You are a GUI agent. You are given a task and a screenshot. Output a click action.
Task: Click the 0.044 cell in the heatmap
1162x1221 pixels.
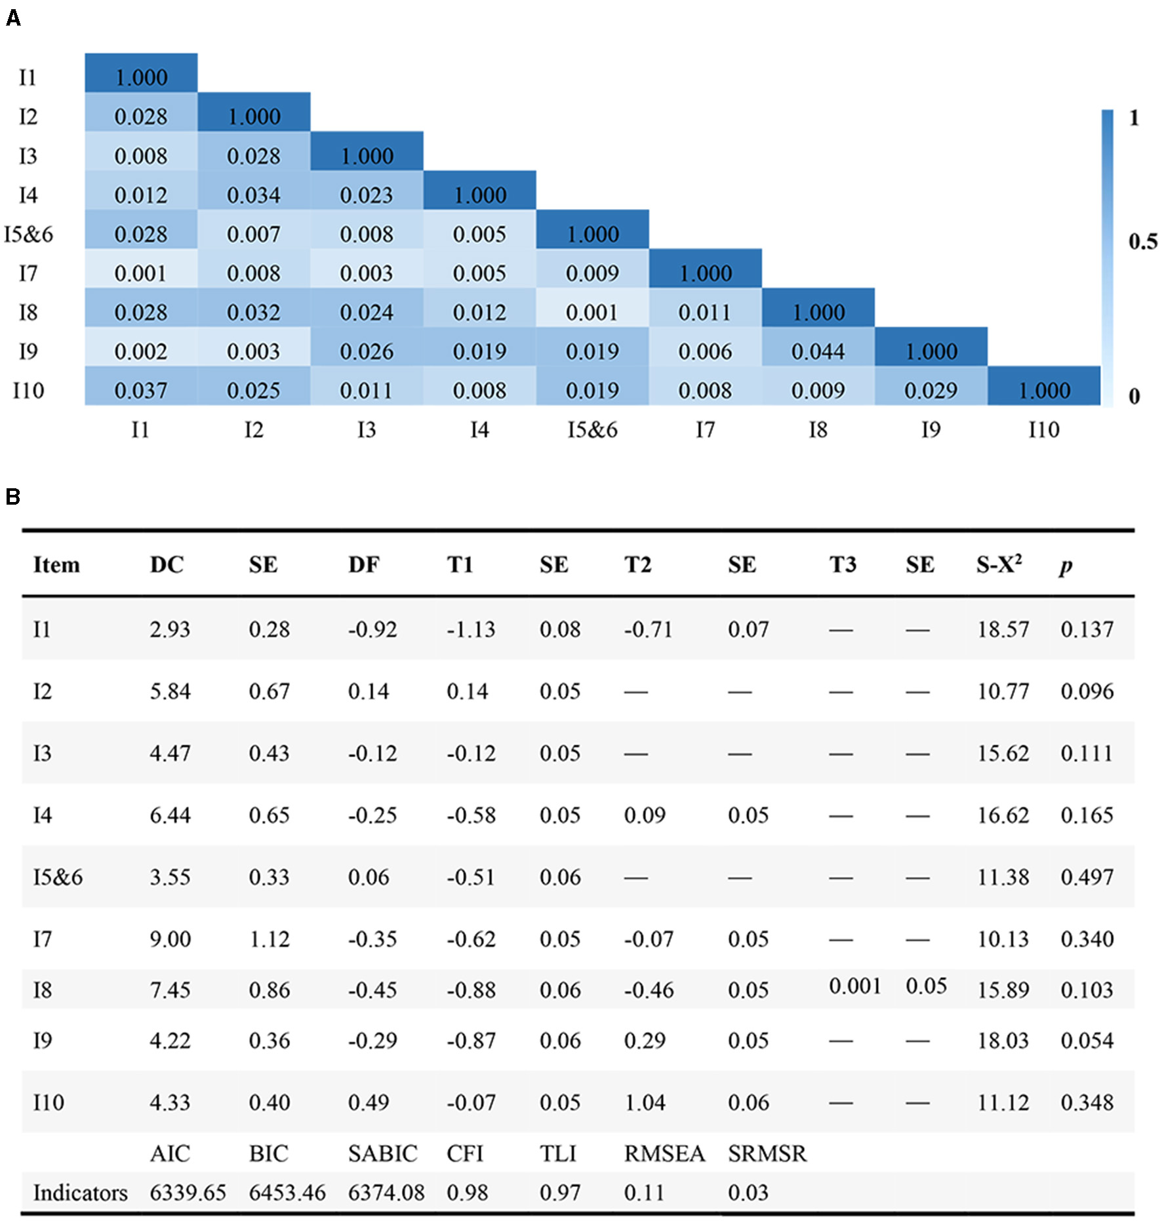click(818, 352)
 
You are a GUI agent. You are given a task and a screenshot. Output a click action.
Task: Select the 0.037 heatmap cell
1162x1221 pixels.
click(141, 391)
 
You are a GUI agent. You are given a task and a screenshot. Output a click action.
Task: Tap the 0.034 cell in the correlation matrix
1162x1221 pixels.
click(254, 195)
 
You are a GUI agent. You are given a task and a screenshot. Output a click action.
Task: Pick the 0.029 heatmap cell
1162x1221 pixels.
click(931, 391)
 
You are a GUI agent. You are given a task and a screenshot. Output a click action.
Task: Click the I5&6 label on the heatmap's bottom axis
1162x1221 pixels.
click(592, 430)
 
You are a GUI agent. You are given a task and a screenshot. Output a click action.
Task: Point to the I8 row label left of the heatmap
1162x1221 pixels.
click(28, 313)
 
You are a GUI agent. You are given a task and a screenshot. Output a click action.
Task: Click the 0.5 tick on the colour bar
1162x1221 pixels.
click(1142, 242)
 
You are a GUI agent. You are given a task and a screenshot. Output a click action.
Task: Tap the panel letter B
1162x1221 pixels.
click(12, 497)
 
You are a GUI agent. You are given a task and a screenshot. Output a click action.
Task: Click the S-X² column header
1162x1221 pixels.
click(998, 564)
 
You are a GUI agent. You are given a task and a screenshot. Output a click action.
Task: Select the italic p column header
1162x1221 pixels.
click(1066, 566)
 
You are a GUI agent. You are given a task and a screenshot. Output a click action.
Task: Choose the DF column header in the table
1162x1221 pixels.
click(364, 564)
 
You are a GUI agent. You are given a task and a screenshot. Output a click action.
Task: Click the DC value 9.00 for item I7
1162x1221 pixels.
click(170, 939)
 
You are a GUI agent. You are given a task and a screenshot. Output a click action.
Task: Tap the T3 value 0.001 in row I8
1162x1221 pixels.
click(854, 986)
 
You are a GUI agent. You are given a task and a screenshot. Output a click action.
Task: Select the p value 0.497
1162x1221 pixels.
click(1087, 877)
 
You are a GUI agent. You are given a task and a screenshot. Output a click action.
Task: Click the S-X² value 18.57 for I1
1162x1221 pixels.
click(1003, 629)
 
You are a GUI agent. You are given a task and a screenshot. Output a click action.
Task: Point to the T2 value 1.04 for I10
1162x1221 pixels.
click(645, 1102)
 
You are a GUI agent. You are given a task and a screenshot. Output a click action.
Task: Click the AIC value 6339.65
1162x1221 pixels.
click(188, 1192)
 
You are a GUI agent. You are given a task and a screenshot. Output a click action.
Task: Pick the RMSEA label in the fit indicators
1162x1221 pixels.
click(664, 1153)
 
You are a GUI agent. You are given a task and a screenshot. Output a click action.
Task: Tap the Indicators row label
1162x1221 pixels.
click(80, 1193)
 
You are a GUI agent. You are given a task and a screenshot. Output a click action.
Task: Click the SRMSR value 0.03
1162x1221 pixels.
click(748, 1192)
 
